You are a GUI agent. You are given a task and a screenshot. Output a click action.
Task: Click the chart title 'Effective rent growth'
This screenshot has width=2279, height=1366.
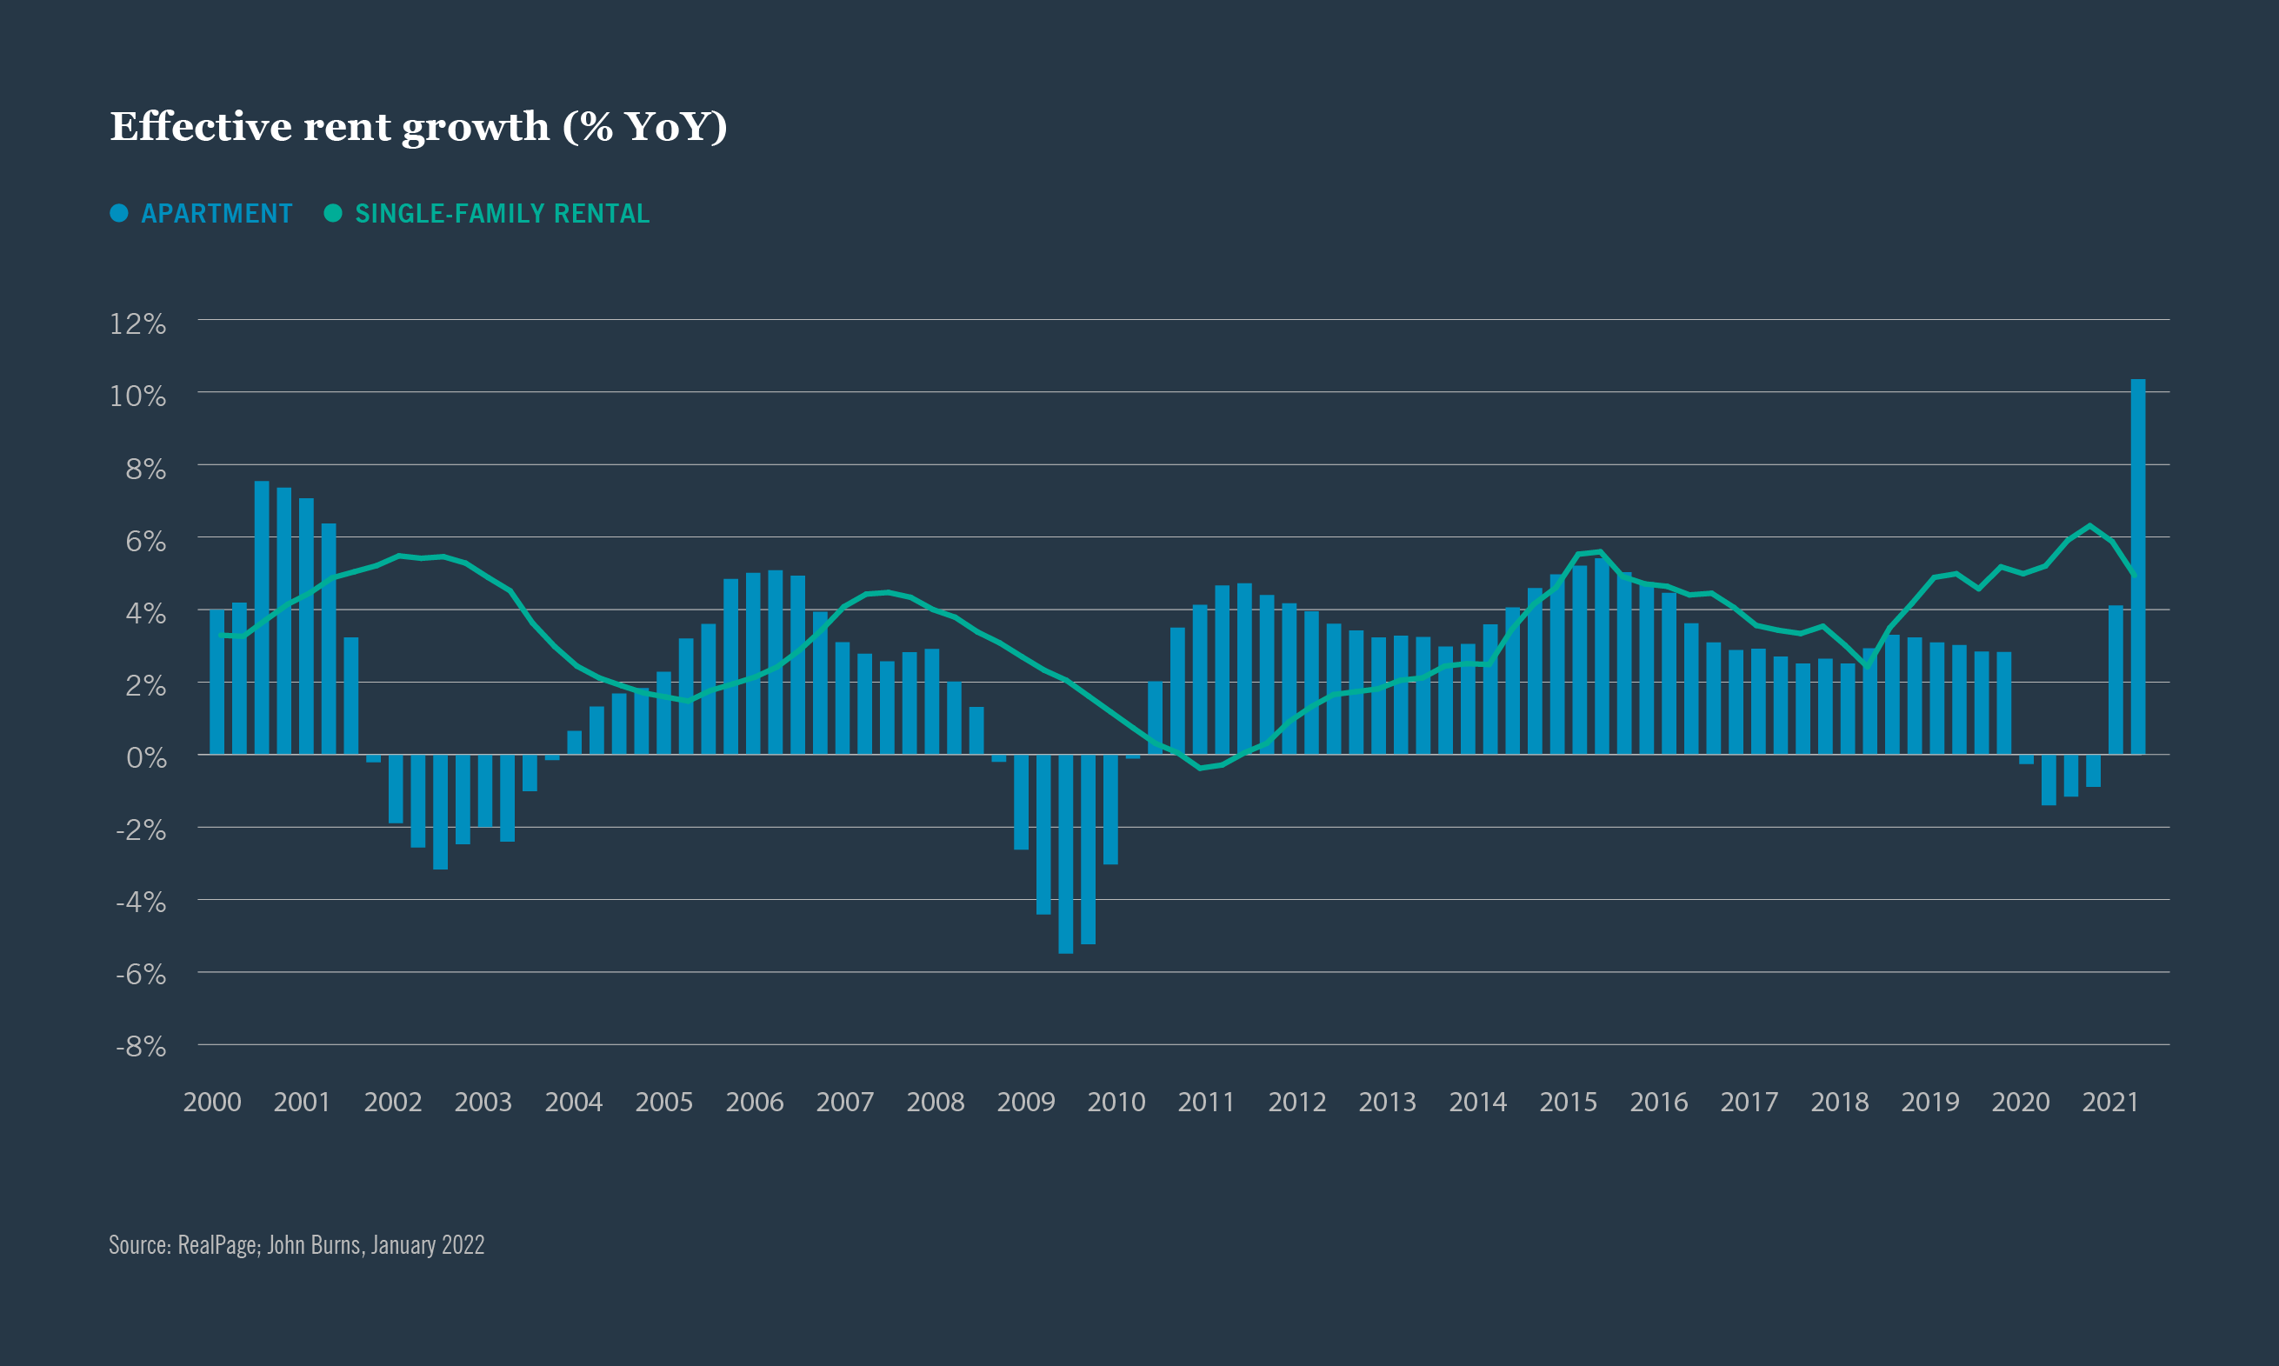pos(419,127)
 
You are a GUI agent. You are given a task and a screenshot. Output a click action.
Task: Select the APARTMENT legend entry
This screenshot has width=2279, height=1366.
pos(216,214)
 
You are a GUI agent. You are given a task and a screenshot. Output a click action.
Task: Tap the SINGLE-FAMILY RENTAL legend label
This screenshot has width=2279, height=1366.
pos(502,214)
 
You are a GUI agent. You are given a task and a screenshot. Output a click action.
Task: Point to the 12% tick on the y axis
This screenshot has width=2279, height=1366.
pos(138,324)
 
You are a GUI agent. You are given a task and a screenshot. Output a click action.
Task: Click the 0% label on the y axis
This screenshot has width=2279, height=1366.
pos(146,757)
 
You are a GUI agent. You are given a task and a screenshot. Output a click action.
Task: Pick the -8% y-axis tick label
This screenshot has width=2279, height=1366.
pos(141,1047)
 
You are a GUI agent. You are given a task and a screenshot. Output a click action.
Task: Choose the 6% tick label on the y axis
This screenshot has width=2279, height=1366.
pos(145,541)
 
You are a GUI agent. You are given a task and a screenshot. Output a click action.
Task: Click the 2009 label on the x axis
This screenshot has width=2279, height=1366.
pos(1025,1102)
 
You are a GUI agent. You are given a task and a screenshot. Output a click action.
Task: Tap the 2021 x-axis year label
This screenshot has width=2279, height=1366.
pos(2109,1102)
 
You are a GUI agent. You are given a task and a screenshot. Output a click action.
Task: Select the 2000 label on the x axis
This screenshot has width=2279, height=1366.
pos(211,1102)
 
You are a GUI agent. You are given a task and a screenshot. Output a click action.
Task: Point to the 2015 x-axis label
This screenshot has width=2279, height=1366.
pos(1569,1102)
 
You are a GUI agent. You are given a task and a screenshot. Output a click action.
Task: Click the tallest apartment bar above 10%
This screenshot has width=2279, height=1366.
pos(2137,566)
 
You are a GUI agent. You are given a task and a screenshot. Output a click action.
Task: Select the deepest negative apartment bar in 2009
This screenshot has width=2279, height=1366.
pos(1066,853)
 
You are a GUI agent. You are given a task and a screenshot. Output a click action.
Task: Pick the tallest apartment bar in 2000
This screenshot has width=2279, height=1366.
pos(262,616)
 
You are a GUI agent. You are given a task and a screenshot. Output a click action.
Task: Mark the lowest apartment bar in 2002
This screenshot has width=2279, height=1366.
pos(440,811)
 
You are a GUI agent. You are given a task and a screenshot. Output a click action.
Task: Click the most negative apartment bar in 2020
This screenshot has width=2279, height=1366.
pos(2048,780)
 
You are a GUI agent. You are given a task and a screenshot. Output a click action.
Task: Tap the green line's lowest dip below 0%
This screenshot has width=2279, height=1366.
pos(1200,768)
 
